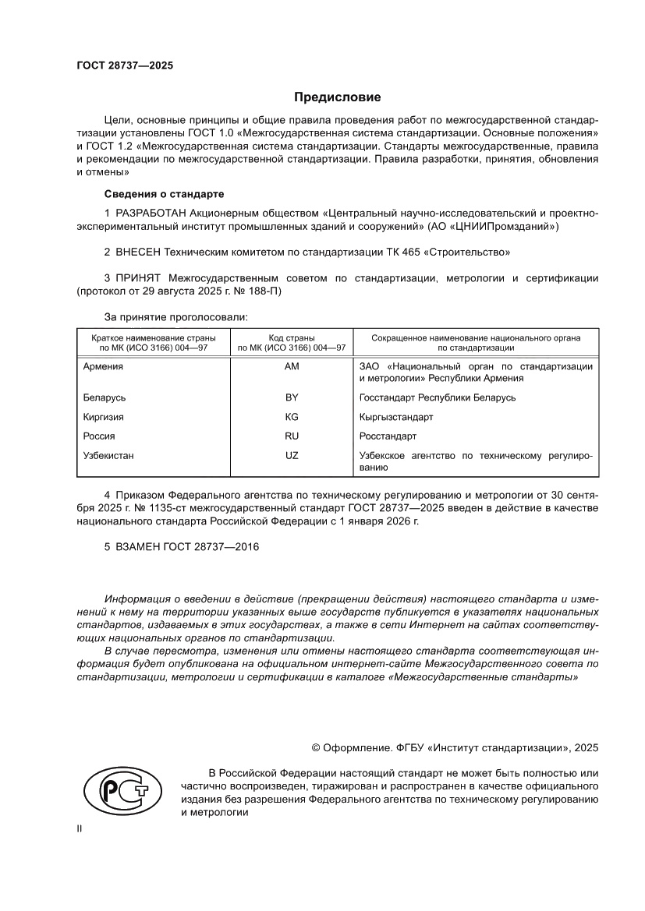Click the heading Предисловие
[x=337, y=97]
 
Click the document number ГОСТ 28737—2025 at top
[x=125, y=65]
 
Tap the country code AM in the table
[x=292, y=366]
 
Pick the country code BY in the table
[x=292, y=397]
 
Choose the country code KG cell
[x=292, y=417]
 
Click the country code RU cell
[x=292, y=436]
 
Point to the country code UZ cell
[x=292, y=455]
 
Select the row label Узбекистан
[x=109, y=455]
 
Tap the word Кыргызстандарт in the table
[x=396, y=417]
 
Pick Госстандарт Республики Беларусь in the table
[x=437, y=397]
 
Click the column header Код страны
[x=292, y=338]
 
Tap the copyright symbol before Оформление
[x=317, y=747]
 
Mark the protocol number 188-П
[x=265, y=291]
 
